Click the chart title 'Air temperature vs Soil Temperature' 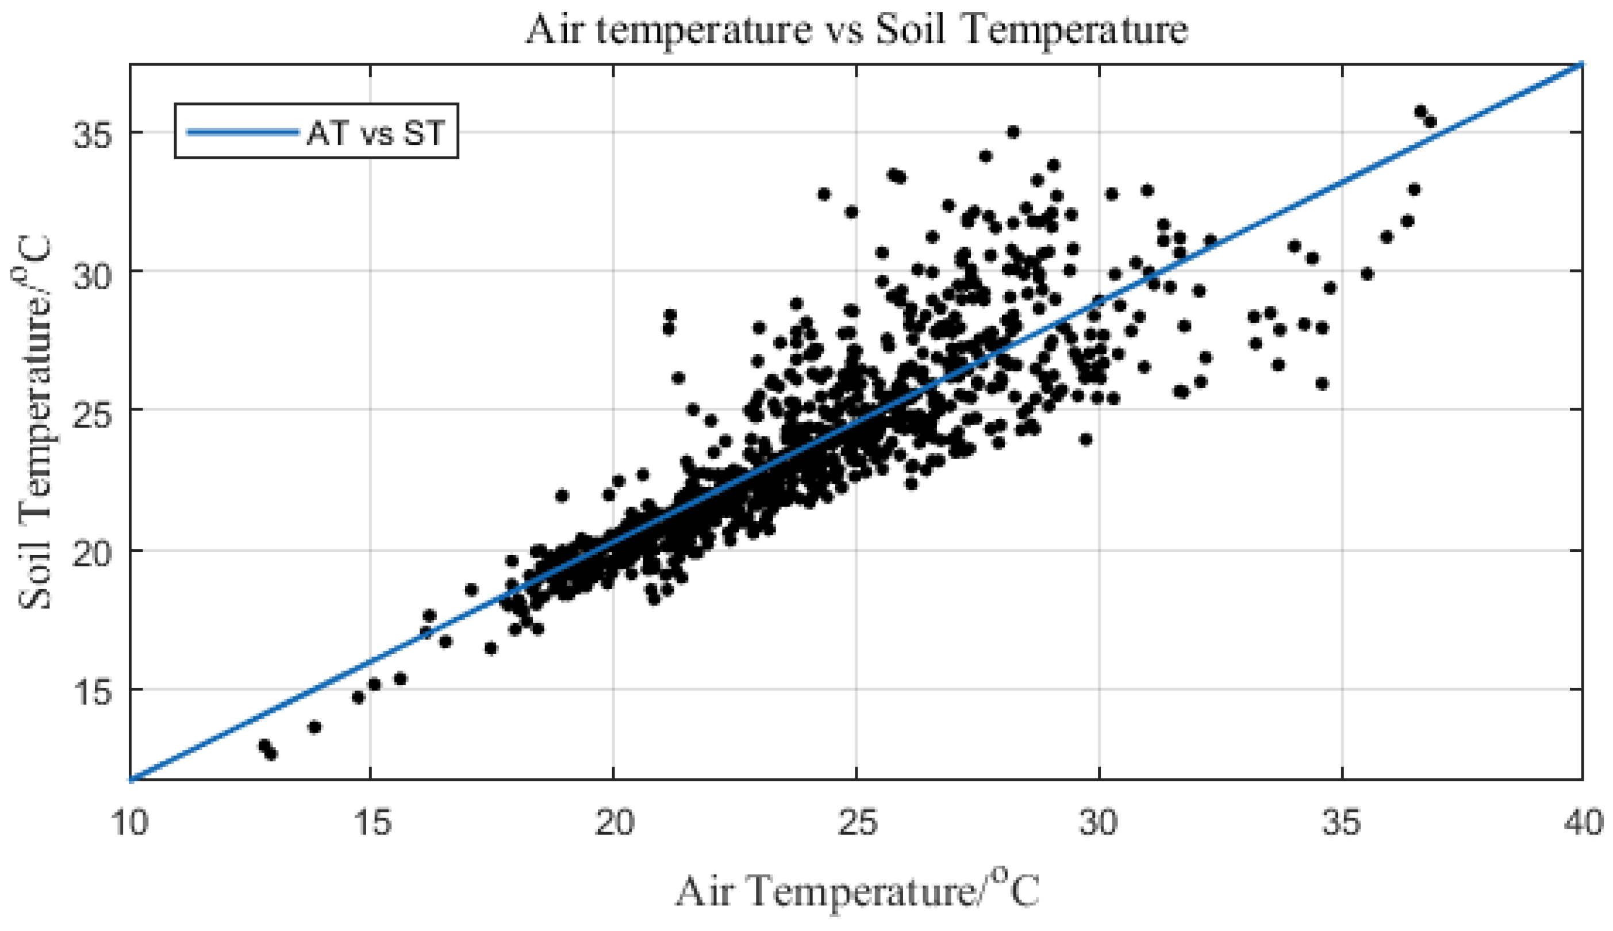[857, 29]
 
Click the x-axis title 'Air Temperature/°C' [857, 890]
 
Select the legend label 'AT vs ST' [375, 132]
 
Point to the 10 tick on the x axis [130, 823]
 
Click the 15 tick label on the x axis [372, 823]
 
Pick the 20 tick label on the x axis [614, 823]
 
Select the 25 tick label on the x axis [857, 823]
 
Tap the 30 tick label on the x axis [1099, 823]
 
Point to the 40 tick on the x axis [1583, 823]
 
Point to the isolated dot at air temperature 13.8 [314, 727]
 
